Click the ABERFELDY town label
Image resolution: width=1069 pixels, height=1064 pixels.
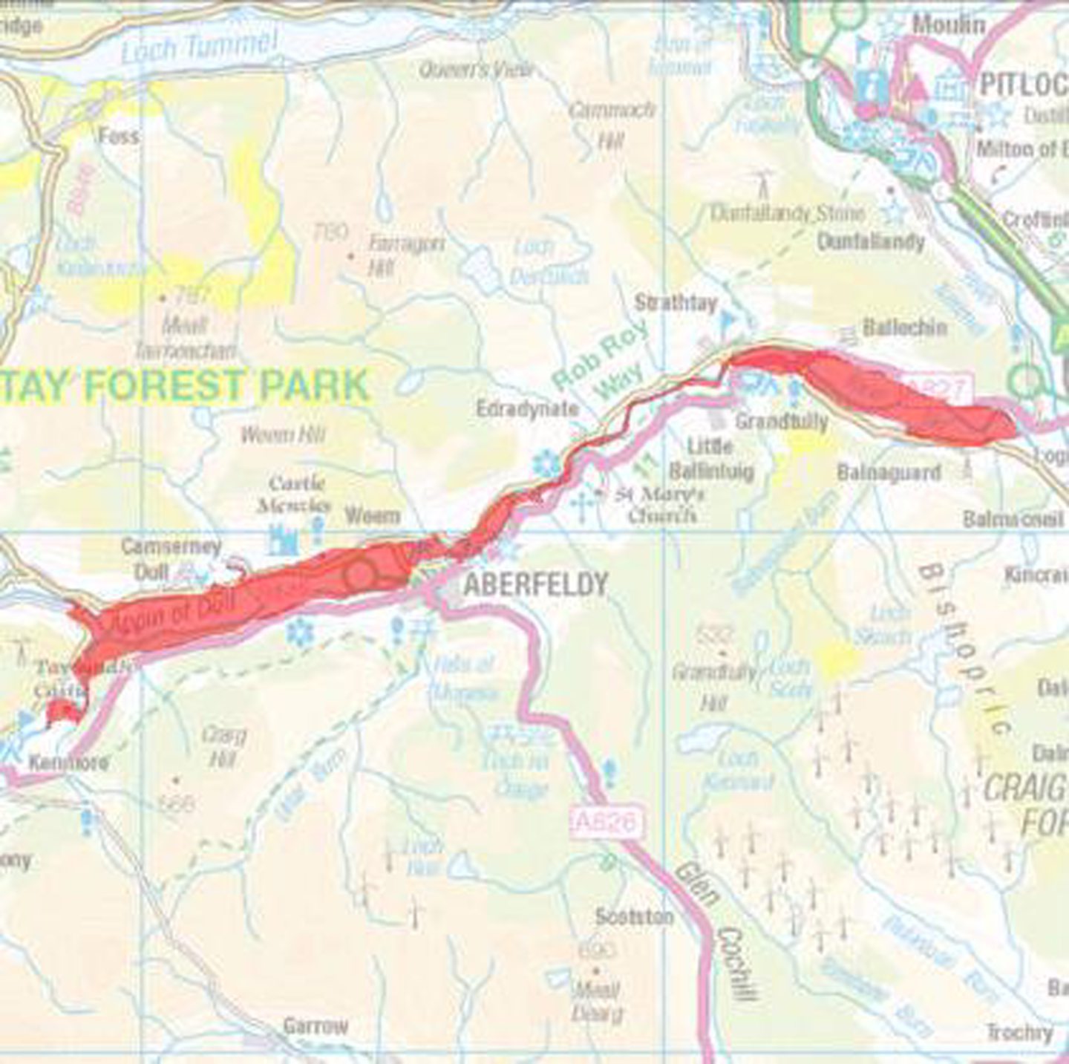[535, 585]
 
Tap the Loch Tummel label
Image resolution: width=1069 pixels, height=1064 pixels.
[199, 47]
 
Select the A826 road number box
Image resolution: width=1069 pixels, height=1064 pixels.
[607, 822]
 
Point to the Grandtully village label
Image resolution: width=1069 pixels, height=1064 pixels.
[781, 421]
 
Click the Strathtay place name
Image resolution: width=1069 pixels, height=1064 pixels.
[676, 303]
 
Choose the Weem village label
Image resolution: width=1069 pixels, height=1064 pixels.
[373, 515]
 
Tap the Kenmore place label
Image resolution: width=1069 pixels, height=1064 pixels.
[68, 762]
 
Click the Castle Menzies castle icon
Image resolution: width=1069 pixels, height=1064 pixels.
[283, 540]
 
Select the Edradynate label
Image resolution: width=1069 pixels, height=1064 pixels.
[527, 408]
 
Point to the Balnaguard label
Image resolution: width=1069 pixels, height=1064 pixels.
[889, 472]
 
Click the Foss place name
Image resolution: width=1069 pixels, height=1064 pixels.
[118, 136]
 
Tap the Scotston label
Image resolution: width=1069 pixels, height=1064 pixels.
[634, 917]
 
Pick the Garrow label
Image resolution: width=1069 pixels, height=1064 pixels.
[315, 1026]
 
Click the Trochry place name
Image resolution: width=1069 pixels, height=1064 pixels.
[1019, 1032]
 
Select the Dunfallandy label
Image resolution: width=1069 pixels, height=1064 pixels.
[871, 241]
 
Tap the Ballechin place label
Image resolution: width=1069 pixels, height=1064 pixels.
[904, 327]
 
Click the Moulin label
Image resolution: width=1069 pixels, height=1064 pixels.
[949, 25]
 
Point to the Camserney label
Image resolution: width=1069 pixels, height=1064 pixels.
[171, 547]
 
